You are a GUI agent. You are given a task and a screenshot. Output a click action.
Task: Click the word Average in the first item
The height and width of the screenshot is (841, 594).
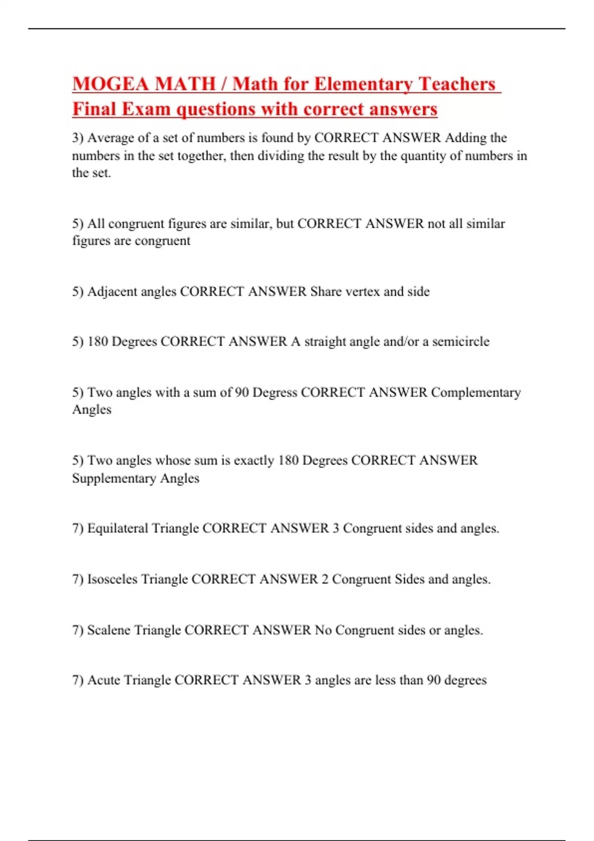click(x=111, y=138)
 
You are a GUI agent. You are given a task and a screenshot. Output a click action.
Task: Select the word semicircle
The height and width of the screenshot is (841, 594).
click(x=460, y=341)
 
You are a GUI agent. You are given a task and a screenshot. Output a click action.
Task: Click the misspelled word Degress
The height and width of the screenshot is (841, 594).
click(x=275, y=392)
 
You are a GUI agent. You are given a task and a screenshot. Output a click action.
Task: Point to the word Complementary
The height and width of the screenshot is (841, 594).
click(x=476, y=392)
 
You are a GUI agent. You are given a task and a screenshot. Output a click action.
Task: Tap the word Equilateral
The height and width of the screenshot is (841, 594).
click(x=118, y=528)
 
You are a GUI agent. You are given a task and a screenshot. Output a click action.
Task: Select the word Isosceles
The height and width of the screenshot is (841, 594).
click(x=112, y=579)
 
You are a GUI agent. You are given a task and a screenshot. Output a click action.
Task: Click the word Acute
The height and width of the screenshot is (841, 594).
click(x=103, y=680)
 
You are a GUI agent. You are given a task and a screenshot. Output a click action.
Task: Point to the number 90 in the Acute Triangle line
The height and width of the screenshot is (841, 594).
click(x=434, y=680)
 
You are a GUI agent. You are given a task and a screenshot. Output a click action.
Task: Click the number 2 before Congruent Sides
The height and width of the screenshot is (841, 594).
click(x=325, y=579)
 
